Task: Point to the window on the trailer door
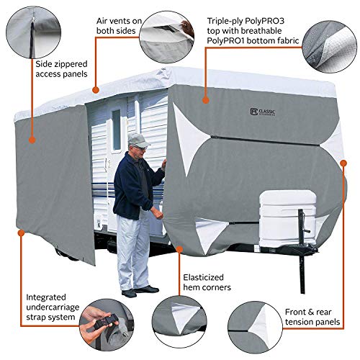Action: pos(115,130)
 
